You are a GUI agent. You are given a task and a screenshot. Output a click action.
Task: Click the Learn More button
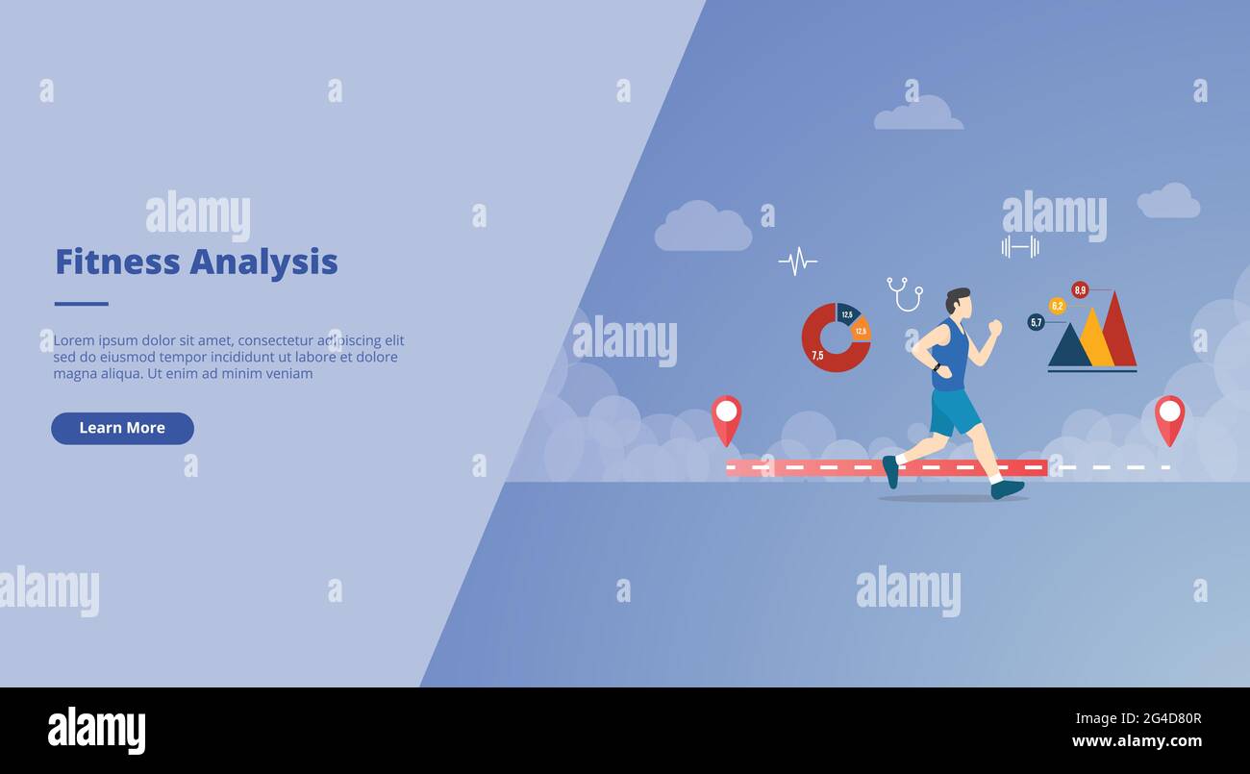[122, 428]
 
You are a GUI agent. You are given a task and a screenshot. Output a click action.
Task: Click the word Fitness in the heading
[117, 262]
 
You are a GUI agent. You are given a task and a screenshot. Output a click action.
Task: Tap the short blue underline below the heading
[81, 304]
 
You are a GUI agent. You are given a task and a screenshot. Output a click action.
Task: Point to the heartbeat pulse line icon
[797, 261]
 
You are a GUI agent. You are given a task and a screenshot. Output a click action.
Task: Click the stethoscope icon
[904, 293]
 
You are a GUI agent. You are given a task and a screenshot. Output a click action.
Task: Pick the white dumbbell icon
[1019, 247]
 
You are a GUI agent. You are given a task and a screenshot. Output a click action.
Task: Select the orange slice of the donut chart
[861, 330]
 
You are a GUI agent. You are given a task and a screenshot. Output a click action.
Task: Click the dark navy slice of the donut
[847, 313]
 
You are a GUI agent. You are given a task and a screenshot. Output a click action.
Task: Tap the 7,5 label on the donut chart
[817, 355]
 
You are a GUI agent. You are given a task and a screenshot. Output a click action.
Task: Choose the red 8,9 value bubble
[1080, 289]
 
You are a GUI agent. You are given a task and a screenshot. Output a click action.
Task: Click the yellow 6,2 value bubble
[1057, 306]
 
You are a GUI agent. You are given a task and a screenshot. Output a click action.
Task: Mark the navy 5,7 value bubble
[1036, 322]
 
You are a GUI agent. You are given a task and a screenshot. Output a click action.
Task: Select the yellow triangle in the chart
[1094, 340]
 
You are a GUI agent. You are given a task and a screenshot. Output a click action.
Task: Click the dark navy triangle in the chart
[1068, 349]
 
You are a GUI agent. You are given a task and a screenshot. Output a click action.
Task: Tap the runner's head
[958, 302]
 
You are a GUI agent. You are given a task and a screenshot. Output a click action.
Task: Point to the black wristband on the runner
[936, 365]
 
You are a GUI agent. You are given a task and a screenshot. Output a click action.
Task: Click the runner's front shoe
[1007, 488]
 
